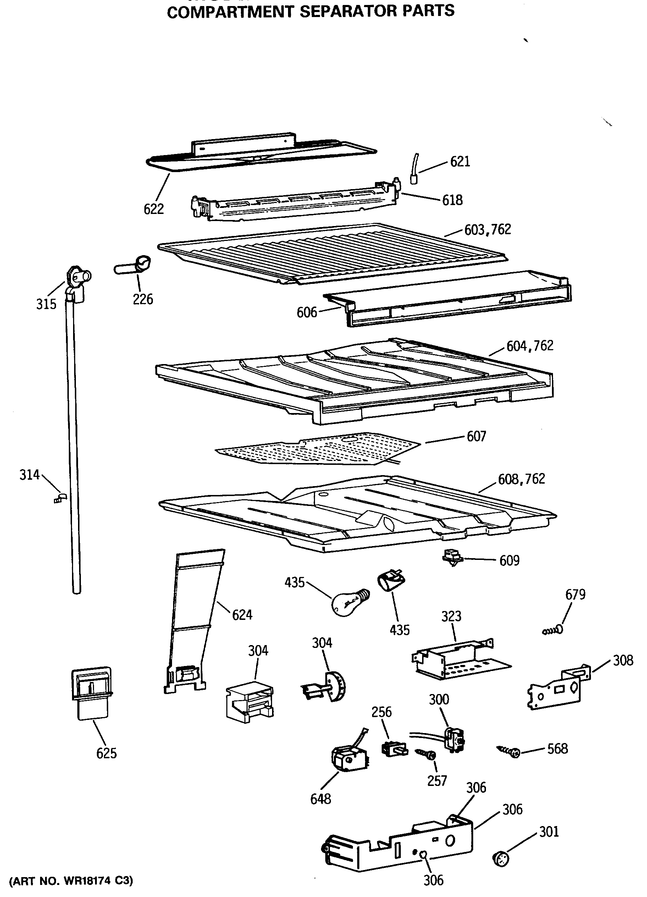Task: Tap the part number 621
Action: point(460,162)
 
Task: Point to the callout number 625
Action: point(106,753)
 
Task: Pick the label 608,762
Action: point(521,479)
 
